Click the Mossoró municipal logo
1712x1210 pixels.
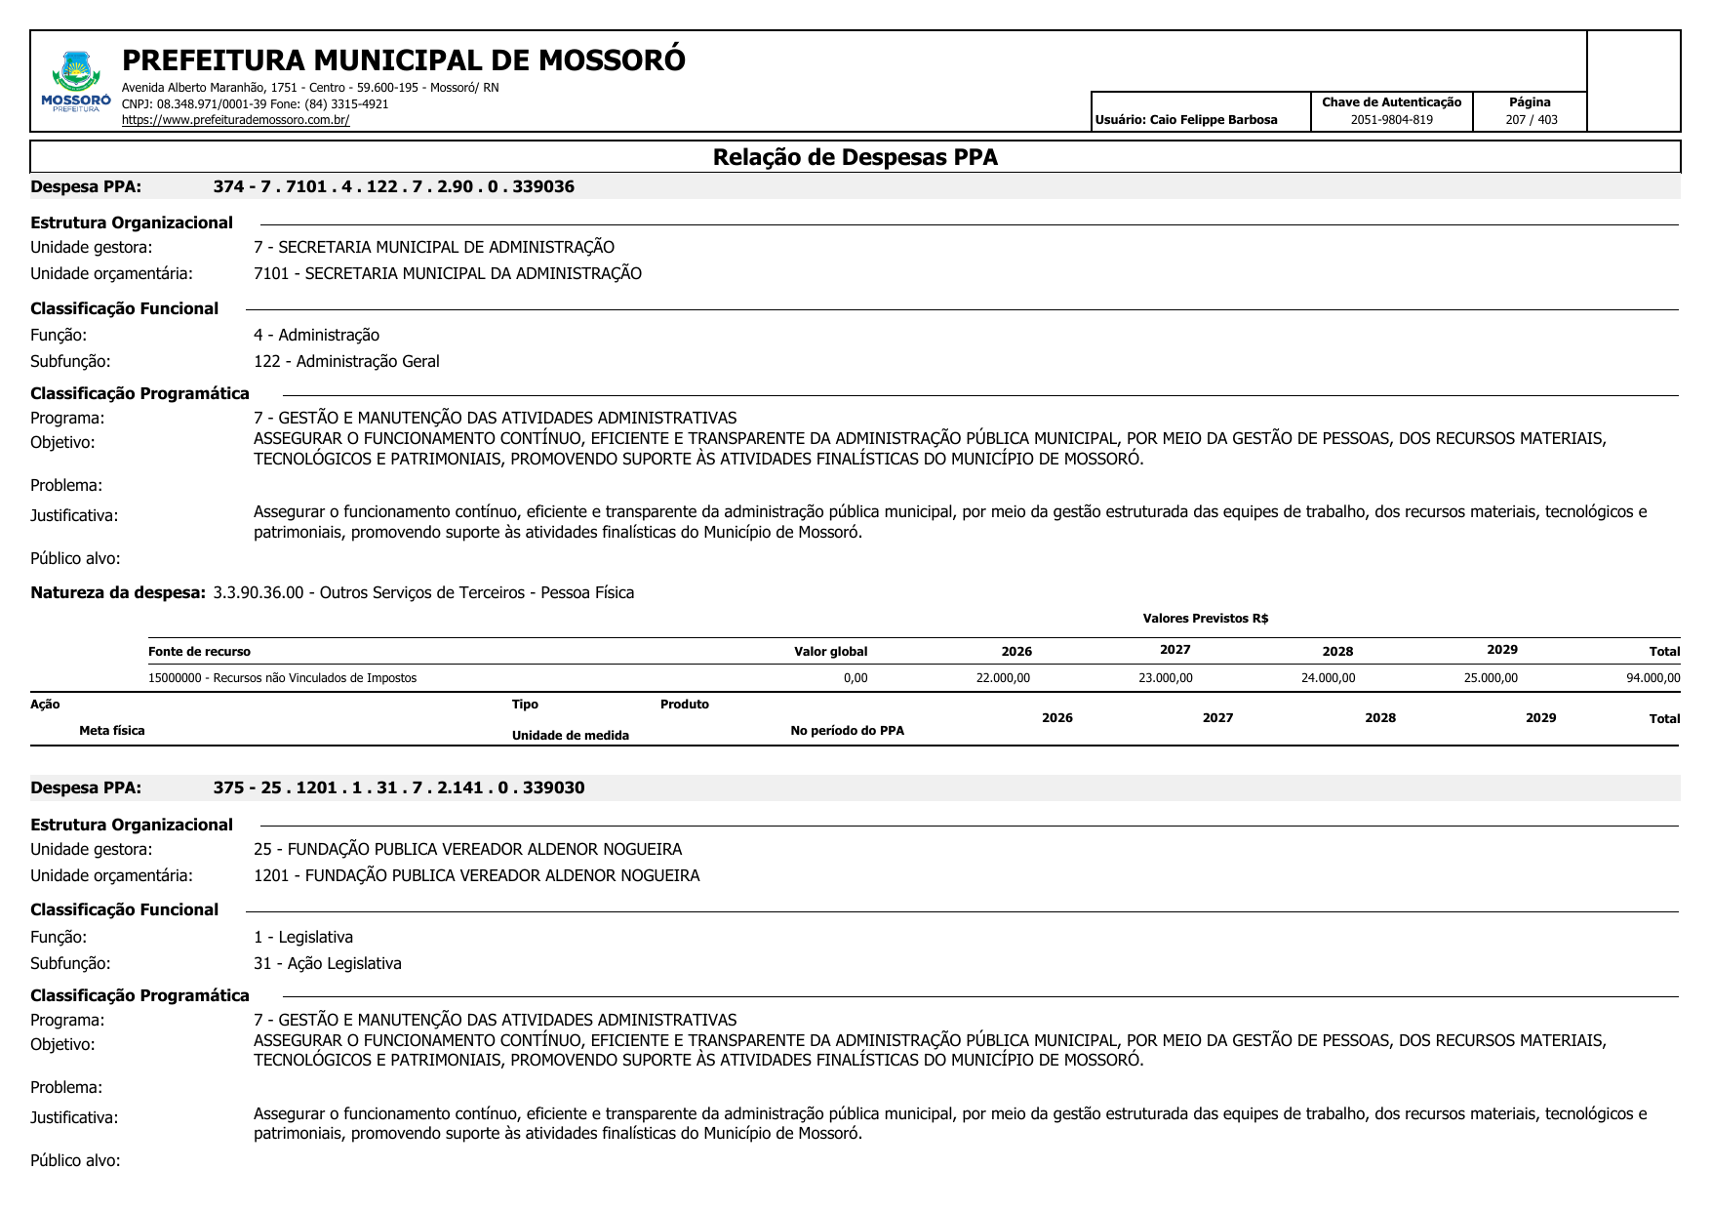76,81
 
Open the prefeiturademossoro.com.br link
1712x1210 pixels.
235,120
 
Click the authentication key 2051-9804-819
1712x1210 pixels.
1391,120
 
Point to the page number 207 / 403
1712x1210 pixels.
1531,120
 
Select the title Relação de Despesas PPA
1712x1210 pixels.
855,157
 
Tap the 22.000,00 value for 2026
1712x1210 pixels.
1002,678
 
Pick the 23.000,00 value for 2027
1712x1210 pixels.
1165,678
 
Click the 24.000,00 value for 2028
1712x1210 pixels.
1328,678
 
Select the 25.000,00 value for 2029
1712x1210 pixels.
1490,678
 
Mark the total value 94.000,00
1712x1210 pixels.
1652,678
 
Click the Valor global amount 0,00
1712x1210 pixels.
855,678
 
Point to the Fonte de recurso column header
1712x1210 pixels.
199,652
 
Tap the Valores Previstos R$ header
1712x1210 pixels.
1205,619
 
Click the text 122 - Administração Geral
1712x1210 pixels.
346,361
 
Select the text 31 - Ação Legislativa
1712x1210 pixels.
327,963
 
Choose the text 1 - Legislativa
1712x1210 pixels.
302,937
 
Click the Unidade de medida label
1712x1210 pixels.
570,736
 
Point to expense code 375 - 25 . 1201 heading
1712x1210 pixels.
398,787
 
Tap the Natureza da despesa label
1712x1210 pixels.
118,592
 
